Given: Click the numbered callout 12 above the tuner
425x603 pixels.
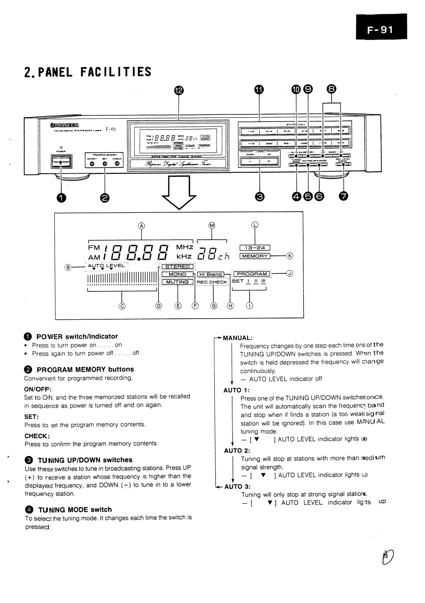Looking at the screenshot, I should pos(178,90).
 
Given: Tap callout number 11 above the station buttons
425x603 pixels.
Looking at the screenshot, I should pos(259,90).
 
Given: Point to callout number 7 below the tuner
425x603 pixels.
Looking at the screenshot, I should pos(343,196).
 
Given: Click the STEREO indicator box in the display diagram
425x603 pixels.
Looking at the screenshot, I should pos(178,267).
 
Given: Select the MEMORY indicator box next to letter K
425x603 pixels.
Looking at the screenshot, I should pos(255,256).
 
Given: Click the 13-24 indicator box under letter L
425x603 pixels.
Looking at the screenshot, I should pos(255,248).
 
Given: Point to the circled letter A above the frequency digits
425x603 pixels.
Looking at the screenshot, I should pos(141,225).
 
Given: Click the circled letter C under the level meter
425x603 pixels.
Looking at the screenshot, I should pos(122,306).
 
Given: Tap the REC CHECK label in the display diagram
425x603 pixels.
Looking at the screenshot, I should pos(212,282).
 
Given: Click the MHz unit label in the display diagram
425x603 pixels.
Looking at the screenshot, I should pos(184,247).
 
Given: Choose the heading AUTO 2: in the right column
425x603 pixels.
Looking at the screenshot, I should pos(237,451).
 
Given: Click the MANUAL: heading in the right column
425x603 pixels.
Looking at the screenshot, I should pos(238,338).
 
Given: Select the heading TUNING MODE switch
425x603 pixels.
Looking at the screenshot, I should pos(75,509).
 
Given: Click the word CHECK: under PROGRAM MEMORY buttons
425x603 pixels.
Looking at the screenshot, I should pos(37,436).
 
